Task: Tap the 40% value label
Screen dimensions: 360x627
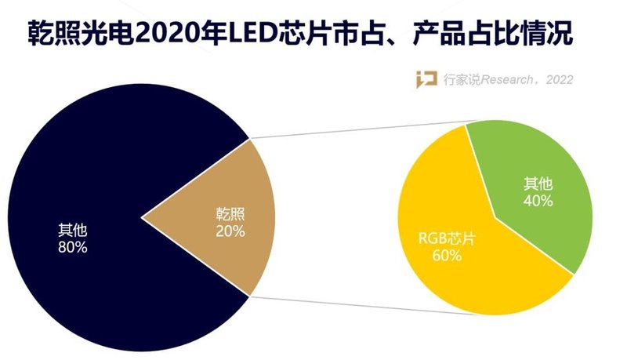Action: tap(538, 201)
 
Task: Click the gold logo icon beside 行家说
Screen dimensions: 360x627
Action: tap(426, 79)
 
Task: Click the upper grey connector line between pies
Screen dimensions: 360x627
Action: tap(361, 130)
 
